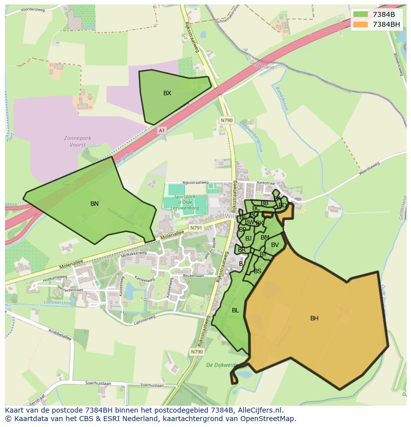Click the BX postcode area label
click(x=167, y=93)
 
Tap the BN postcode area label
click(x=94, y=204)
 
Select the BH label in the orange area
click(x=314, y=318)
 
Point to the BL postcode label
click(x=235, y=310)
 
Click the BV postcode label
click(x=275, y=244)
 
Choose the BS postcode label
click(x=257, y=271)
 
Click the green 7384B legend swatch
click(x=360, y=14)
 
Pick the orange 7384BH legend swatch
click(x=360, y=24)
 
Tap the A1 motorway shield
click(x=161, y=130)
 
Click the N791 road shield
click(x=197, y=228)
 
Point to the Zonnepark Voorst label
click(x=75, y=141)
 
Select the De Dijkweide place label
click(x=222, y=365)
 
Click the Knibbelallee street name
click(x=60, y=335)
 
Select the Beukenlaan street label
click(x=194, y=275)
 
